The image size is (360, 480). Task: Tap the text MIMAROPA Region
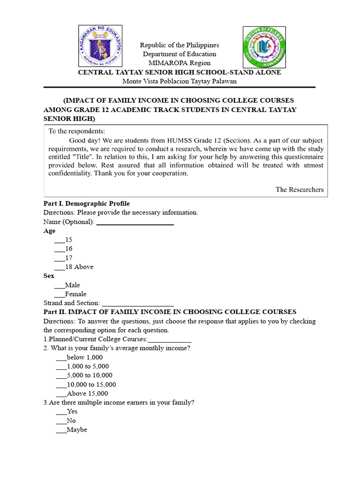pos(180,63)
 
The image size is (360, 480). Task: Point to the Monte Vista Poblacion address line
pos(180,81)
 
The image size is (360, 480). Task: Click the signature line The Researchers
pos(299,189)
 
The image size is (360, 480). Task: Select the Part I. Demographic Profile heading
pos(87,203)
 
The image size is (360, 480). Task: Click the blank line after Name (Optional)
pos(135,222)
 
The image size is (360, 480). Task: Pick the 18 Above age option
pos(74,267)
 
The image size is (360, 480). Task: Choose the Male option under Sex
pos(67,285)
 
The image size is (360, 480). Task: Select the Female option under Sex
pos(71,294)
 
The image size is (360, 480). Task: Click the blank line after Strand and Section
pos(138,303)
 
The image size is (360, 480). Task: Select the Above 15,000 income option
pos(82,394)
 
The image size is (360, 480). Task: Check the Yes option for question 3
pos(67,412)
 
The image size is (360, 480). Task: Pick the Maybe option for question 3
pos(71,430)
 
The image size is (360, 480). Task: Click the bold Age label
pos(49,231)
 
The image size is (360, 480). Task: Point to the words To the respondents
pos(77,131)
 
